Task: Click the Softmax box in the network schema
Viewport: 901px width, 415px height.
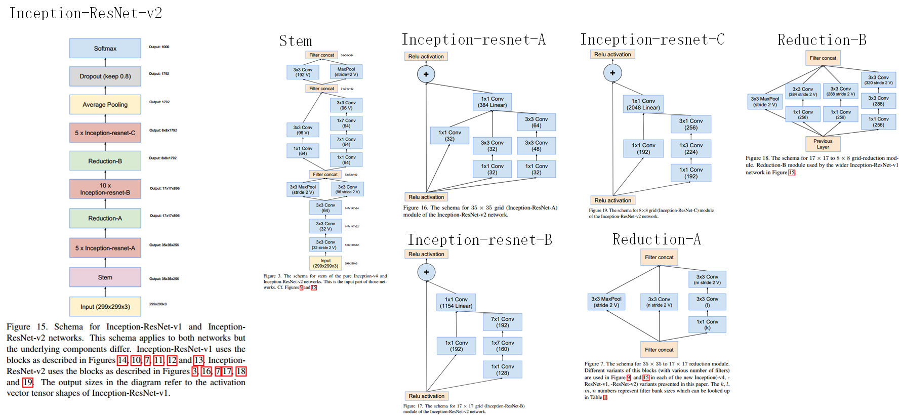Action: coord(105,49)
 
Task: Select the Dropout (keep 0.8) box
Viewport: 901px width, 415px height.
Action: coord(105,76)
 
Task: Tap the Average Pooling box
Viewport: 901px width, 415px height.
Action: coord(105,105)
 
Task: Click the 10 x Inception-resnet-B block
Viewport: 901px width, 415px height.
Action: coord(105,189)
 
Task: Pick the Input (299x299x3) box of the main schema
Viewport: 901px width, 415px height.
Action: coord(105,307)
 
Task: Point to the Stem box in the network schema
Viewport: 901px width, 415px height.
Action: coord(105,277)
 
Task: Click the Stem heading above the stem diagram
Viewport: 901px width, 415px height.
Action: coord(296,41)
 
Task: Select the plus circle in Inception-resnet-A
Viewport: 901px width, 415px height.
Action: coord(426,74)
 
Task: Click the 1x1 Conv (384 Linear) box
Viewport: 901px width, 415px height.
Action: coord(492,102)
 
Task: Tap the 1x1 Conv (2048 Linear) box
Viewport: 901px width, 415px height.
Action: coord(643,104)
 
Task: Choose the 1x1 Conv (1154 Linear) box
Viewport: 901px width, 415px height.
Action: coord(456,303)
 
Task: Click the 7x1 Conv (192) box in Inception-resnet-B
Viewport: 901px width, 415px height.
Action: coord(502,322)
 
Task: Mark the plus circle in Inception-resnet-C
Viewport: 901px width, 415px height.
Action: coord(612,73)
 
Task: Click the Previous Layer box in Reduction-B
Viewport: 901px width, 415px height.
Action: coord(823,144)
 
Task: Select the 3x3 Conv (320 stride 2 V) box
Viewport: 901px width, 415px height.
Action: coord(878,80)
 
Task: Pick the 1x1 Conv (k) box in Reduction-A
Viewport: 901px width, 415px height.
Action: coord(707,324)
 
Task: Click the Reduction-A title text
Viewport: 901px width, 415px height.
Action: coord(657,239)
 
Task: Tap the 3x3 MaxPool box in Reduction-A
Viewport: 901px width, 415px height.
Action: coord(606,302)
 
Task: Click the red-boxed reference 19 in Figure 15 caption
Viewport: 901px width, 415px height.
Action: coord(27,383)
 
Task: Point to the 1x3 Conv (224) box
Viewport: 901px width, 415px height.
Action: coord(691,148)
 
